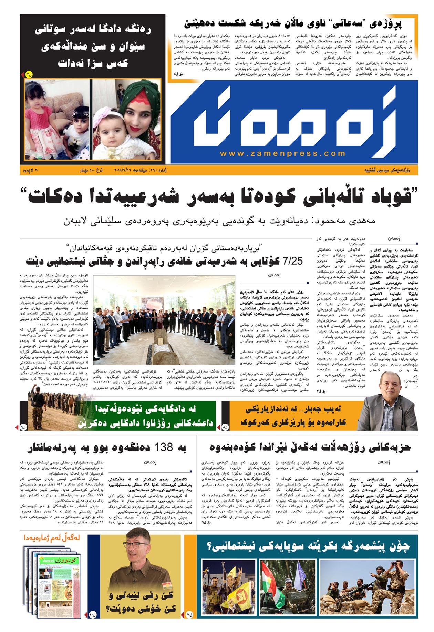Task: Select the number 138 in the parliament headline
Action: point(164,447)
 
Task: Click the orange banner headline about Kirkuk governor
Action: point(293,416)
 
